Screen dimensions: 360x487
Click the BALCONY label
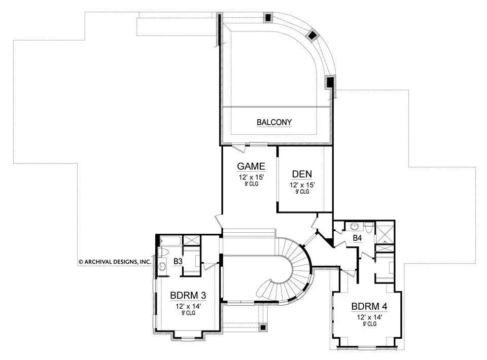[274, 122]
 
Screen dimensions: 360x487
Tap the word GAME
[251, 166]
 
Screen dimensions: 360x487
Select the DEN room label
[302, 174]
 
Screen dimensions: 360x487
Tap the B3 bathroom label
[178, 262]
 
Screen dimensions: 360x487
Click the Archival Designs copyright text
[115, 262]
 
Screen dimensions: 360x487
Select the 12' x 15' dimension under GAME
[251, 177]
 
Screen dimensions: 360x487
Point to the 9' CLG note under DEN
[302, 192]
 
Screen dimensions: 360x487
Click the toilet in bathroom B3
[164, 253]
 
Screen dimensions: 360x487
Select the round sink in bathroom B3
[163, 266]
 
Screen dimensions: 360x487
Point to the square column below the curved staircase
[262, 328]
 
